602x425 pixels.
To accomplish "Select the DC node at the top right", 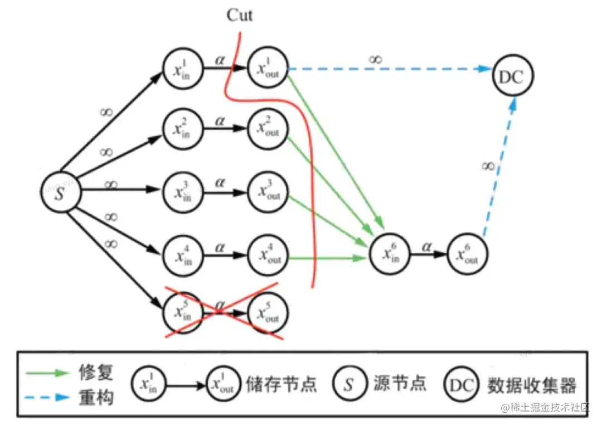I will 512,77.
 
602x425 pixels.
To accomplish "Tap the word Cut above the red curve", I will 239,15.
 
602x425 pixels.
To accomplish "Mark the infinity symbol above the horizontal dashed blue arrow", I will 376,59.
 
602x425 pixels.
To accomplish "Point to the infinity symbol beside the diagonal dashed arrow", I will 488,166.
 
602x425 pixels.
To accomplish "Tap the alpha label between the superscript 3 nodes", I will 221,182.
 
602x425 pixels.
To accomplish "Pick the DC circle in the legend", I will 463,385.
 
